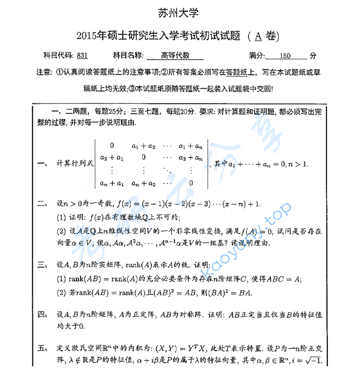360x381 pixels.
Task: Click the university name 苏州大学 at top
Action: pyautogui.click(x=180, y=13)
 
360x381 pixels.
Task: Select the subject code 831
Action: pyautogui.click(x=82, y=56)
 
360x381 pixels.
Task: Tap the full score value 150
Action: pyautogui.click(x=285, y=56)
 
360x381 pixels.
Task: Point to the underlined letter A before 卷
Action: pyautogui.click(x=258, y=36)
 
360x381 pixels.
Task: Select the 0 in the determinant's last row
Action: pyautogui.click(x=191, y=183)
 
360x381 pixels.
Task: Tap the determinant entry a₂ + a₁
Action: pyautogui.click(x=112, y=157)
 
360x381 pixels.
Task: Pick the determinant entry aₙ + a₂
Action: pyautogui.click(x=143, y=183)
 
